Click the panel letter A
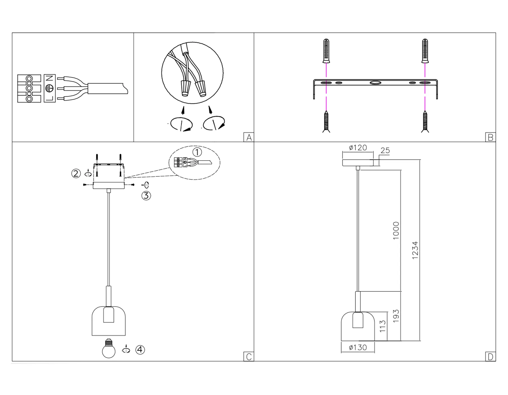pyautogui.click(x=249, y=137)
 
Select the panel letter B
pyautogui.click(x=491, y=137)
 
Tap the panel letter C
pyautogui.click(x=249, y=357)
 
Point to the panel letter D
pyautogui.click(x=491, y=357)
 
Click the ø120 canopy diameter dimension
pyautogui.click(x=358, y=148)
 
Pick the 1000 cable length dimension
pyautogui.click(x=396, y=231)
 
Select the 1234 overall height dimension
pyautogui.click(x=415, y=250)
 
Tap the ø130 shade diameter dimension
pyautogui.click(x=358, y=347)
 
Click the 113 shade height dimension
pyautogui.click(x=383, y=326)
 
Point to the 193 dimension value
pyautogui.click(x=396, y=316)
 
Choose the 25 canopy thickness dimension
pyautogui.click(x=385, y=151)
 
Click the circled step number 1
pyautogui.click(x=197, y=152)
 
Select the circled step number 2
pyautogui.click(x=76, y=173)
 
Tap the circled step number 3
pyautogui.click(x=146, y=196)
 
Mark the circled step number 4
pyautogui.click(x=140, y=350)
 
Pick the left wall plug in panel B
pyautogui.click(x=326, y=51)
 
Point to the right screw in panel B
pyautogui.click(x=425, y=122)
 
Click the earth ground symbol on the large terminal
pyautogui.click(x=50, y=88)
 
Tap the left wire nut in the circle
pyautogui.click(x=185, y=88)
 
